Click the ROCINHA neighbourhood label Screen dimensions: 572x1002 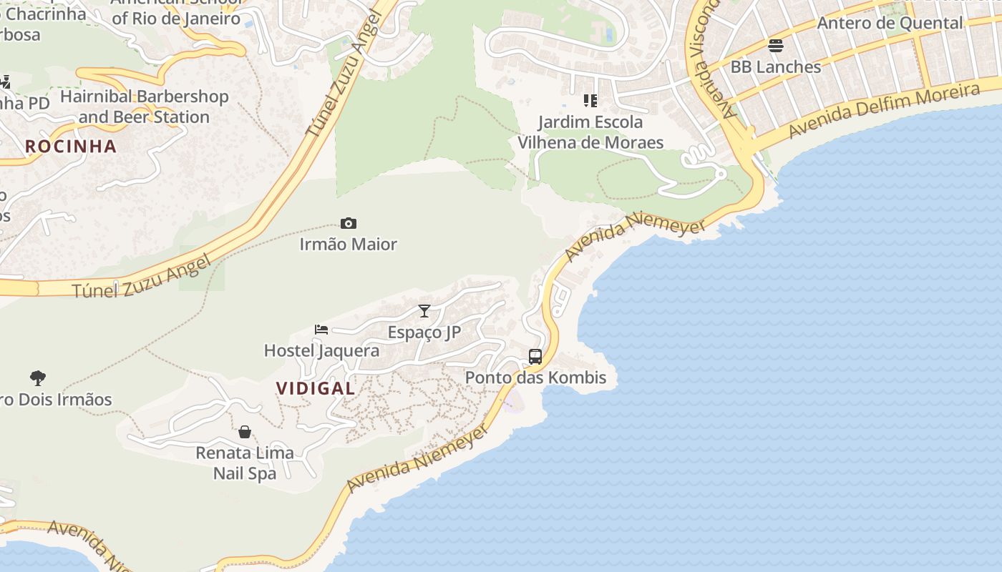(70, 147)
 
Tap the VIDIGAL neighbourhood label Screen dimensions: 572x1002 (316, 388)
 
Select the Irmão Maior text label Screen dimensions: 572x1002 (348, 245)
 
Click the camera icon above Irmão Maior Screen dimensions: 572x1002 (349, 224)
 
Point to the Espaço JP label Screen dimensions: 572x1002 (424, 332)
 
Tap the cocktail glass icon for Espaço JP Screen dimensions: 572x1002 (424, 311)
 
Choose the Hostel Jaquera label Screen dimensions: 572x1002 (321, 351)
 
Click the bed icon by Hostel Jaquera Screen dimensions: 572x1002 (321, 330)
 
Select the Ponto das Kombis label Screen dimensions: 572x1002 (535, 378)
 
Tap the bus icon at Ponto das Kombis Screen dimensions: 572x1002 (535, 356)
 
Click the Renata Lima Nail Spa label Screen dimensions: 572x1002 (245, 463)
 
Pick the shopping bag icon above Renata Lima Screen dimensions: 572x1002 (245, 432)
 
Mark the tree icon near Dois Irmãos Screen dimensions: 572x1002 (38, 378)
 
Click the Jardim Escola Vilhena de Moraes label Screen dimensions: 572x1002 (590, 132)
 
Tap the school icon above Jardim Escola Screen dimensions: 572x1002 (590, 101)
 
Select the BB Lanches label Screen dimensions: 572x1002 (775, 67)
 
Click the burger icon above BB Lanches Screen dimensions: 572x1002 (776, 46)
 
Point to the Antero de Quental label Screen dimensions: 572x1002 (890, 24)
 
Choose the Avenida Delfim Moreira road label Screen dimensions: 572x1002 (884, 112)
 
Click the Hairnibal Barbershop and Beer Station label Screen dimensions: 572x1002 (144, 107)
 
